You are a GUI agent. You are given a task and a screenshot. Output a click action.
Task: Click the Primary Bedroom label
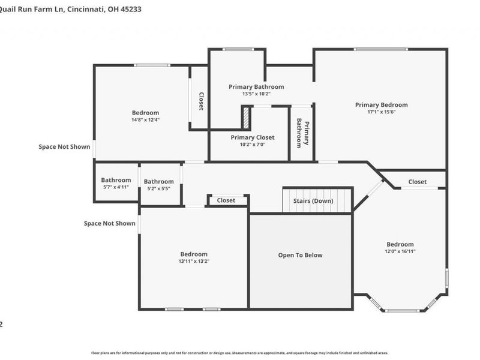point(381,104)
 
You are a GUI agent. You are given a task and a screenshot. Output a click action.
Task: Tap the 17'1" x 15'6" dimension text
point(381,112)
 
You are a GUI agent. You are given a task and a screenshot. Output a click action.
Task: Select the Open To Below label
point(300,255)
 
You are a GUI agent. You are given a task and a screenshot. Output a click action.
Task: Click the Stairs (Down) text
point(313,201)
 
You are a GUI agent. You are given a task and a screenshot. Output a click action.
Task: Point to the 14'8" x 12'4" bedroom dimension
point(145,119)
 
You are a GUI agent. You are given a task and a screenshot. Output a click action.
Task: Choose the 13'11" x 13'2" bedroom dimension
point(194,261)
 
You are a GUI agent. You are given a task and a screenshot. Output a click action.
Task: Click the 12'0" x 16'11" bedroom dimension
point(400,251)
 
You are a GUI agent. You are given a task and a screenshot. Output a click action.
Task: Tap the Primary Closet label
point(253,137)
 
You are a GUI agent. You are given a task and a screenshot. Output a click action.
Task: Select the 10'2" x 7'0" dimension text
point(253,145)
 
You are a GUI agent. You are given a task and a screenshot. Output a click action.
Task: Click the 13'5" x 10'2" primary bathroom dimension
point(256,94)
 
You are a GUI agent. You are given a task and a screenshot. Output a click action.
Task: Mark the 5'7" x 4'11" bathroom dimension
point(116,187)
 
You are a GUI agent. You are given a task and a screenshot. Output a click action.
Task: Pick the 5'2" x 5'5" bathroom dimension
point(158,188)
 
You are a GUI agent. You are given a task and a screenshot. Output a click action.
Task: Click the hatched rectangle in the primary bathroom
point(245,118)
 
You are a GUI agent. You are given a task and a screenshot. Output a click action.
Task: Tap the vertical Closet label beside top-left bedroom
point(201,101)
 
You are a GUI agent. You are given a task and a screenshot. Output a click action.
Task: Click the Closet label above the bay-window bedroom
point(418,182)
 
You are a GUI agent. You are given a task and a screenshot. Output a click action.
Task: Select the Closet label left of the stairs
point(226,200)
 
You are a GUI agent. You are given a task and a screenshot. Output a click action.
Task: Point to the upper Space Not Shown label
point(64,146)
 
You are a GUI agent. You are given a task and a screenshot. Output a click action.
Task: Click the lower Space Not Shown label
point(109,223)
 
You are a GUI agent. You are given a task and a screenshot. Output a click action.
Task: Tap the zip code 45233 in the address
point(130,10)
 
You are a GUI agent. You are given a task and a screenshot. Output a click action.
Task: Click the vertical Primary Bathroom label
point(303,133)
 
